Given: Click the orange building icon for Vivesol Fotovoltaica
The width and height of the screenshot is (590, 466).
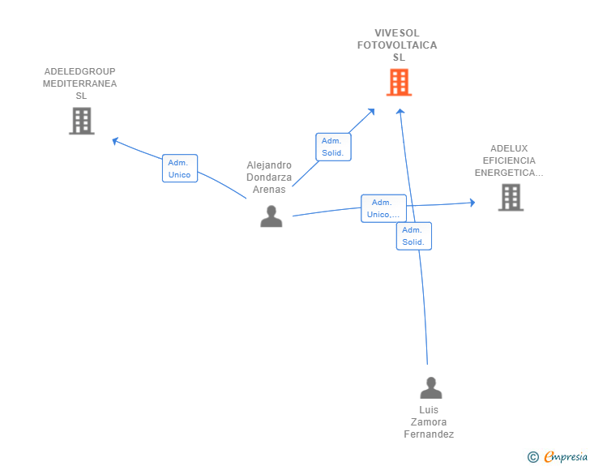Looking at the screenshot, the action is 400,82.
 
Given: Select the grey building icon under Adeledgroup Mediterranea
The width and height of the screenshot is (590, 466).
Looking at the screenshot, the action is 82,121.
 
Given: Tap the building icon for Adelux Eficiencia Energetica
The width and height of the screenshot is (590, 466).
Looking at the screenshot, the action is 511,197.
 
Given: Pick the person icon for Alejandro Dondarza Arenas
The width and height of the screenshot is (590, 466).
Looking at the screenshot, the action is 271,216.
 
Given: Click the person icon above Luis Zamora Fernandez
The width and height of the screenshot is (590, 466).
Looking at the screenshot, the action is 431,387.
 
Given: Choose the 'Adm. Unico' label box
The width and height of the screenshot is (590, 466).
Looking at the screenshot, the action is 180,169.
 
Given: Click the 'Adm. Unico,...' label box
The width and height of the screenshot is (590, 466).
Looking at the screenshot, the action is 384,208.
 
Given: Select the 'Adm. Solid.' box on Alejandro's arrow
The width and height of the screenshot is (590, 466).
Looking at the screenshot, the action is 333,147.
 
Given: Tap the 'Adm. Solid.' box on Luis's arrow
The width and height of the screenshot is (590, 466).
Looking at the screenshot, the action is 414,236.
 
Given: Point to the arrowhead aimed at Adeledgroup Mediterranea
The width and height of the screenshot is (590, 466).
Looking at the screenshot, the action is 115,141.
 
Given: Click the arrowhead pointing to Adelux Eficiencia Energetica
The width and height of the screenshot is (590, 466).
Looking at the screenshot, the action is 472,203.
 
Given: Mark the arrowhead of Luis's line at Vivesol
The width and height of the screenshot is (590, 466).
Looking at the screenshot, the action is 400,111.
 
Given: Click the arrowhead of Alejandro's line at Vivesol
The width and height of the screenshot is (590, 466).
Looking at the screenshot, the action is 372,111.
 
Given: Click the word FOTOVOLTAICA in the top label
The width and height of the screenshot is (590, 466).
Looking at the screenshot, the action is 397,45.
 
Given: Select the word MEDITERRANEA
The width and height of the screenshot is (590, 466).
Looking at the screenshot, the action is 79,83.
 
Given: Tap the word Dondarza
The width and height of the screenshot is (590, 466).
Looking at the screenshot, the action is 269,177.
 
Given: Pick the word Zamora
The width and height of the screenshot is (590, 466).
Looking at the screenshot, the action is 429,422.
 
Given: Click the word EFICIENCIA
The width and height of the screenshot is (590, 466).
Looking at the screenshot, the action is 509,160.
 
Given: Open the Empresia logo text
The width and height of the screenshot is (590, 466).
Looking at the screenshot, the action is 566,456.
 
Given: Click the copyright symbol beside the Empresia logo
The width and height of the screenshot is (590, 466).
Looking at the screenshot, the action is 533,457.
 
